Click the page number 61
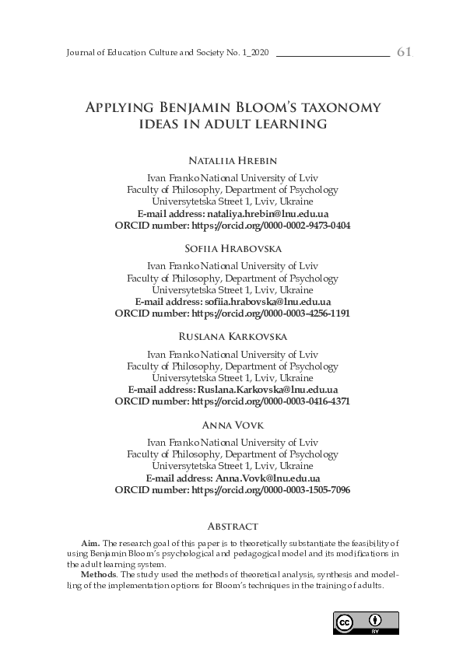(404, 52)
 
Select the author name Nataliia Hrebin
(232, 161)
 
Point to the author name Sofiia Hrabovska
(232, 249)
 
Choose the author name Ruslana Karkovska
(232, 337)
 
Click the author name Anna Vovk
(232, 425)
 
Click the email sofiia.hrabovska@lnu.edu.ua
(268, 301)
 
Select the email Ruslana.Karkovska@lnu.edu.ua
(268, 390)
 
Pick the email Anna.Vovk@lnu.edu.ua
(268, 478)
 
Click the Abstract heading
(232, 527)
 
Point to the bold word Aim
(90, 541)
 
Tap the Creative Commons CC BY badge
(366, 624)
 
